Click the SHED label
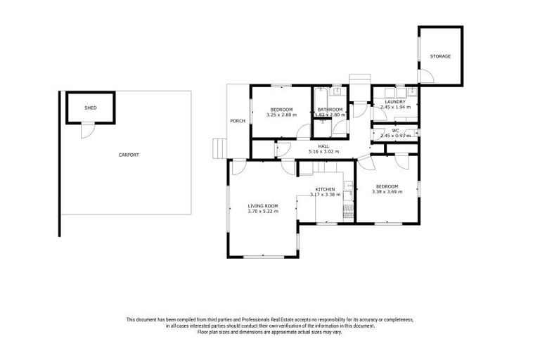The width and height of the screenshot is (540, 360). point(90,108)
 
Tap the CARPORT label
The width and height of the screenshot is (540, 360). point(129,155)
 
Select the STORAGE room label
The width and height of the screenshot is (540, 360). point(441,56)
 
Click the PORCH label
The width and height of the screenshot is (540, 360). point(238,121)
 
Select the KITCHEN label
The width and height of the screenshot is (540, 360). point(324,190)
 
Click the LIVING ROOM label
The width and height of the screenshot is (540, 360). point(262,205)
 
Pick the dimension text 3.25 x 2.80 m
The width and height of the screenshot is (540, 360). point(281,115)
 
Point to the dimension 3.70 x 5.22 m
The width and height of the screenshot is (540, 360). point(262,211)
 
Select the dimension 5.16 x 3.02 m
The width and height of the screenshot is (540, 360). point(323,152)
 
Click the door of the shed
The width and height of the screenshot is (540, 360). point(86,130)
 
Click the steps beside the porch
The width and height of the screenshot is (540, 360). point(219,148)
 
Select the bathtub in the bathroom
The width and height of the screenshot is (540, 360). point(321,102)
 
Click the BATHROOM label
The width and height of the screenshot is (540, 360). point(330,110)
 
